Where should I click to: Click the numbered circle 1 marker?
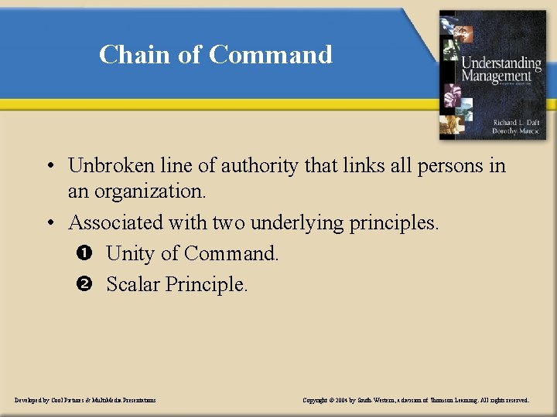coord(84,253)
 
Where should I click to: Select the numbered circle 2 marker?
coord(84,284)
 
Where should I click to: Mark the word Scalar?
coord(132,284)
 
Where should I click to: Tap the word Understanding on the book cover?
coord(501,63)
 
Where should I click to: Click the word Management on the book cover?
coord(497,76)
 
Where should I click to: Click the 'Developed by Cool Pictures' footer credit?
coord(85,400)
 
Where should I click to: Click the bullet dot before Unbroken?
coord(49,166)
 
